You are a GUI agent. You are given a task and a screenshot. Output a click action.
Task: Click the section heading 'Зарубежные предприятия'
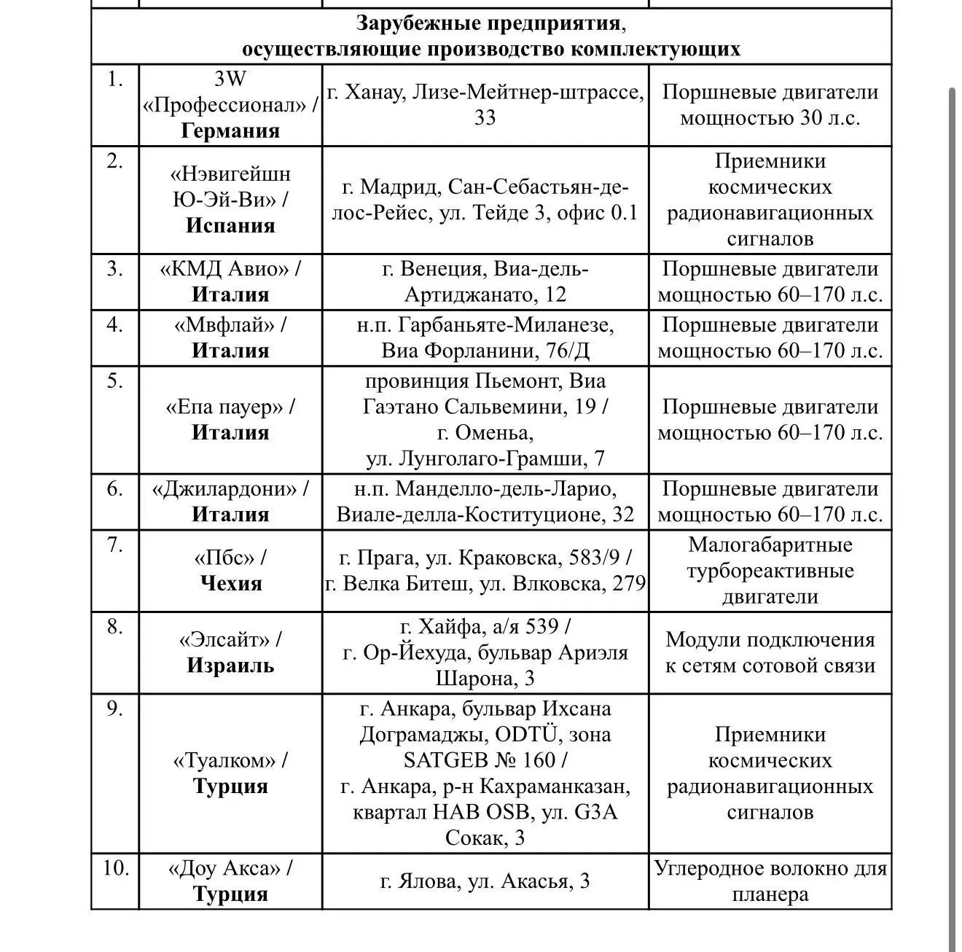[490, 23]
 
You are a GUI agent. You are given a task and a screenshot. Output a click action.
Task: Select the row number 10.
[115, 868]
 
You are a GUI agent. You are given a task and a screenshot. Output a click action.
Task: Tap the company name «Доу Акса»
[224, 869]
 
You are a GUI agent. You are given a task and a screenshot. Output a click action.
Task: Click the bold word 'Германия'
[230, 130]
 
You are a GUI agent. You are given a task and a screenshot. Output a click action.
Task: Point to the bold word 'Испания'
[230, 225]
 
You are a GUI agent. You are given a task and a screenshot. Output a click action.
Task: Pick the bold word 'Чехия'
[230, 583]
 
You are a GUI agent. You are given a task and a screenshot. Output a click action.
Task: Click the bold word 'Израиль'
[230, 665]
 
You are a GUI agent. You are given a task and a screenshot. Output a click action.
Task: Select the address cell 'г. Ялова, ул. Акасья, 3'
[485, 881]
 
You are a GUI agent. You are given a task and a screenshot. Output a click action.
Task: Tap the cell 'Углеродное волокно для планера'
[770, 881]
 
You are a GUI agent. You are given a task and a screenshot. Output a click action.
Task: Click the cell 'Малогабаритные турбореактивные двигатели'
[770, 571]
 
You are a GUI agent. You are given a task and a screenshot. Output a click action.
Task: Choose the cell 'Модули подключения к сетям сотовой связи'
[770, 652]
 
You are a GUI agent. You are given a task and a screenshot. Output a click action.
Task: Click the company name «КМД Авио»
[224, 269]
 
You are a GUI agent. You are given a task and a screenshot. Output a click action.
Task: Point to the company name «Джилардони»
[224, 488]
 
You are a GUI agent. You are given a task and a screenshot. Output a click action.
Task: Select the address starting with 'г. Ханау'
[485, 105]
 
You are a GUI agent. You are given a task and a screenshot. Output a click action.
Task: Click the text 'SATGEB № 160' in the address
[477, 760]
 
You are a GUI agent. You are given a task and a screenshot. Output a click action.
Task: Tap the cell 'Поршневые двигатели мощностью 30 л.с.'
[770, 105]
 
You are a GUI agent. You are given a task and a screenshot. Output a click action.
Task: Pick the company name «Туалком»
[224, 760]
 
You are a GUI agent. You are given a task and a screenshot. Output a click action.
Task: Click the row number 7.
[115, 545]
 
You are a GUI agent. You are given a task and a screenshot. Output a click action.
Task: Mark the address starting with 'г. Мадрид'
[485, 200]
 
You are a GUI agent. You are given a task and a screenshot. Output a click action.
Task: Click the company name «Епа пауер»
[224, 407]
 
